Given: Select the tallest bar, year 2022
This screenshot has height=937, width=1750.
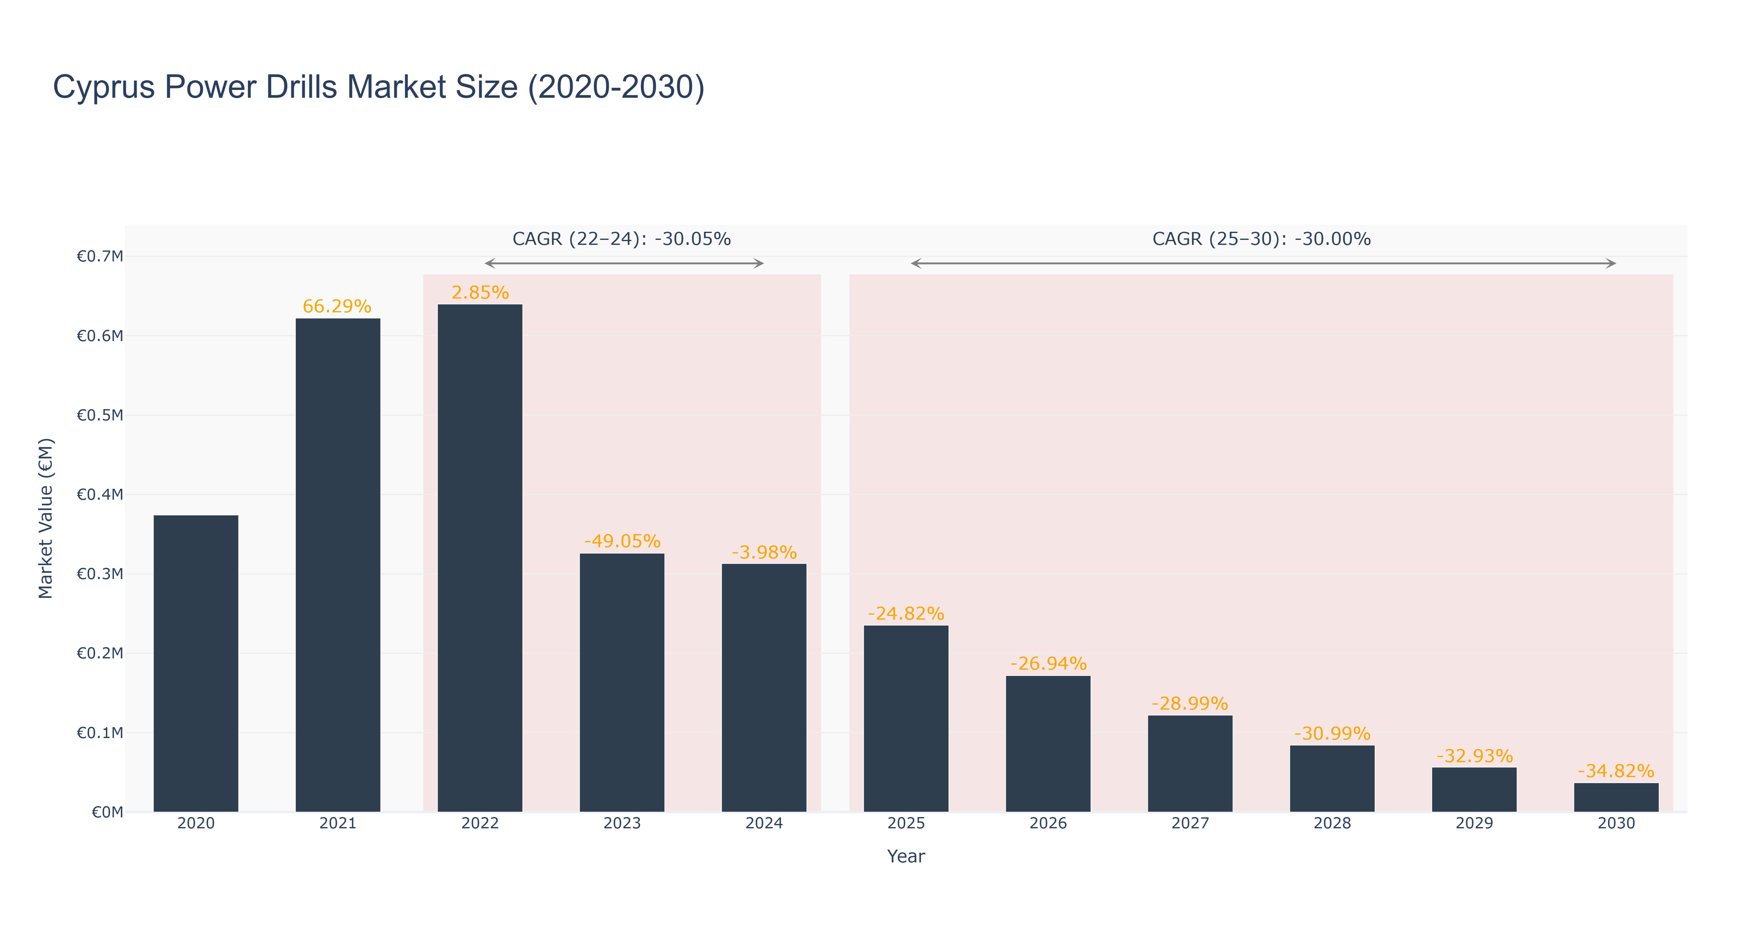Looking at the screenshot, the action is (480, 558).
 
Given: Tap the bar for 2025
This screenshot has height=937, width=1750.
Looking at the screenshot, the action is (906, 718).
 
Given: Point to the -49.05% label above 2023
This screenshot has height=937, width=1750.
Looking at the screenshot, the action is (622, 541).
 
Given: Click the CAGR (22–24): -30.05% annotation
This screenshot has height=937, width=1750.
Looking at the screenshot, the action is (622, 239).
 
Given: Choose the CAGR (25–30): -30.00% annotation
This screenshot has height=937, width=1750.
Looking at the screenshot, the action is (1262, 239).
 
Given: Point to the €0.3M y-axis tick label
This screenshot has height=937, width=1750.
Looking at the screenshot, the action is (100, 574).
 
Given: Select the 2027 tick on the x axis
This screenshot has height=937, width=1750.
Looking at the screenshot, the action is (1190, 823).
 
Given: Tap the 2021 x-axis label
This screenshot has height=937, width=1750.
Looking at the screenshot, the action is (337, 823).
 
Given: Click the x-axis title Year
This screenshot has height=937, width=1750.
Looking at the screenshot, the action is (906, 856).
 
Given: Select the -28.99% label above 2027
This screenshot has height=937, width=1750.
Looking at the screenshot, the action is (1190, 703).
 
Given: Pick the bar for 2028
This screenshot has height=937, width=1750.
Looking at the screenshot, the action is (1332, 779).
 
